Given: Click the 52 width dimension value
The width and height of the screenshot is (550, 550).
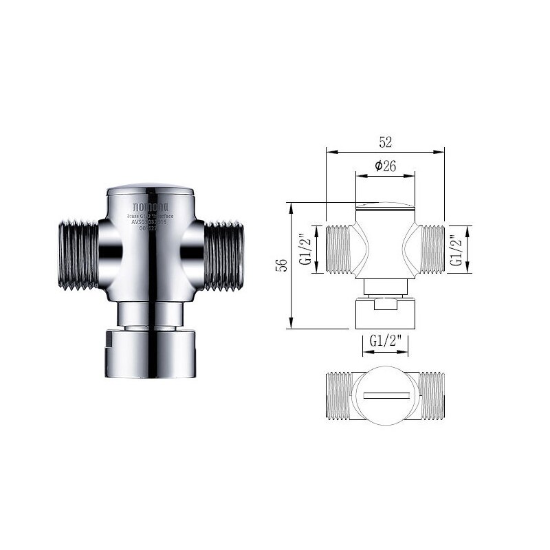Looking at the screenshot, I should tap(385, 142).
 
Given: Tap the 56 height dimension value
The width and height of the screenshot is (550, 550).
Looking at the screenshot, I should tap(280, 265).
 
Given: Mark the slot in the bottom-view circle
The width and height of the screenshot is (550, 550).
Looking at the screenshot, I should tap(386, 397).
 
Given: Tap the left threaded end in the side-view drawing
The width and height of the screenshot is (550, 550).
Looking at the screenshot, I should tap(339, 249).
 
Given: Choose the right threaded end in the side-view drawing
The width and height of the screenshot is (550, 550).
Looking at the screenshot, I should tap(432, 249).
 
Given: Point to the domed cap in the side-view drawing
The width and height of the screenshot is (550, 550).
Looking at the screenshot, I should tap(385, 206).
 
